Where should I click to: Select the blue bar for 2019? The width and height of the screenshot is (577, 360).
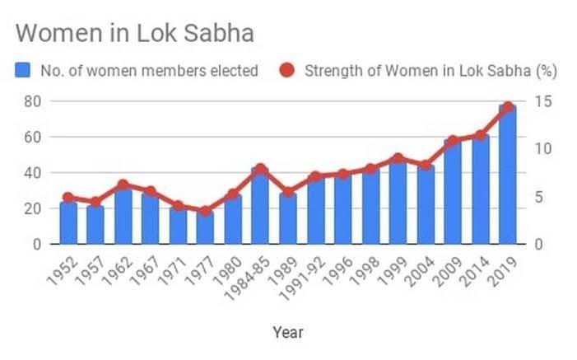click(507, 175)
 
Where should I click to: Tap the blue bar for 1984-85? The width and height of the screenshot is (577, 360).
click(260, 206)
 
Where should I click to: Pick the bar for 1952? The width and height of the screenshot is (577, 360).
click(68, 222)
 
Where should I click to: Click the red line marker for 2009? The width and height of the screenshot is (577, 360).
click(452, 141)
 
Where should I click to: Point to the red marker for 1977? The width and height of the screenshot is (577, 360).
click(205, 212)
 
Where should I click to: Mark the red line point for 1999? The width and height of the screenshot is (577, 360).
click(398, 158)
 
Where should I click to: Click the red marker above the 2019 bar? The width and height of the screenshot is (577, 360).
click(507, 107)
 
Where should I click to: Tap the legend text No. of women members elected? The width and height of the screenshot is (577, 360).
click(148, 71)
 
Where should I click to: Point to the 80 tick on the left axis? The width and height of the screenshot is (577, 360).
click(34, 101)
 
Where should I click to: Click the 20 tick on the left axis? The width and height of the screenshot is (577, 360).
click(34, 208)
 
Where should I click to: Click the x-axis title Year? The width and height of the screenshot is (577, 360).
click(288, 333)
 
